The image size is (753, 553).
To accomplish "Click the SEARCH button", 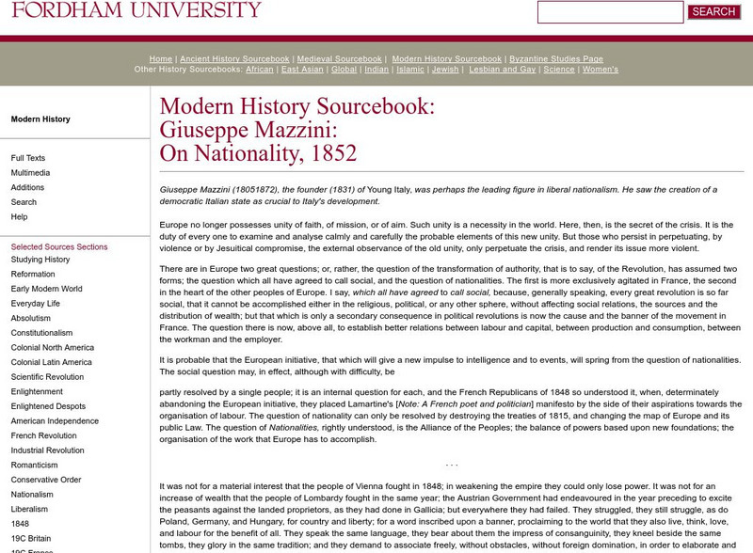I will pyautogui.click(x=713, y=12).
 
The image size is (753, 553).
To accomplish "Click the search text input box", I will pyautogui.click(x=610, y=12).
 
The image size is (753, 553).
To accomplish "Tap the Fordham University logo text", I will pyautogui.click(x=136, y=10).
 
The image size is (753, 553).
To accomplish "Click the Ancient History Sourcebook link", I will pyautogui.click(x=234, y=58).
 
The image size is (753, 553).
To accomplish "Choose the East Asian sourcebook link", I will pyautogui.click(x=302, y=70).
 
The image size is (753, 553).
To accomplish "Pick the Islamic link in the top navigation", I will pyautogui.click(x=410, y=70).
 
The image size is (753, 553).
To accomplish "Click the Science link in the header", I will pyautogui.click(x=559, y=70).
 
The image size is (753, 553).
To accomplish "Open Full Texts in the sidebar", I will pyautogui.click(x=28, y=158).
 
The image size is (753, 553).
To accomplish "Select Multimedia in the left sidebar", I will pyautogui.click(x=31, y=173).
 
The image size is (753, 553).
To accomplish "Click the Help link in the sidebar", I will pyautogui.click(x=19, y=217).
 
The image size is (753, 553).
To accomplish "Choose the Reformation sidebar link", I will pyautogui.click(x=33, y=275).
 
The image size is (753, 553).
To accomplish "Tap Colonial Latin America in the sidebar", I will pyautogui.click(x=52, y=362).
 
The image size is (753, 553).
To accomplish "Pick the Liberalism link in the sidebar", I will pyautogui.click(x=29, y=509).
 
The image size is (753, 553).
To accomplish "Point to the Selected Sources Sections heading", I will pyautogui.click(x=59, y=246).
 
